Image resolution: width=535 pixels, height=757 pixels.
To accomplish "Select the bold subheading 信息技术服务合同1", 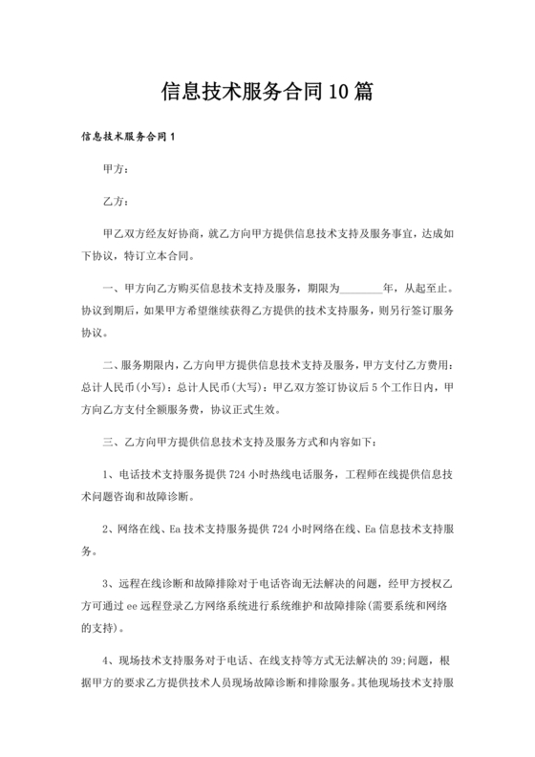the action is (x=129, y=139).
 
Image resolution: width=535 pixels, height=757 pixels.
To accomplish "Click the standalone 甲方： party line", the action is (x=115, y=170).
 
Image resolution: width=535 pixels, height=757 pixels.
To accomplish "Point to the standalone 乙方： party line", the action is (x=115, y=202).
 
